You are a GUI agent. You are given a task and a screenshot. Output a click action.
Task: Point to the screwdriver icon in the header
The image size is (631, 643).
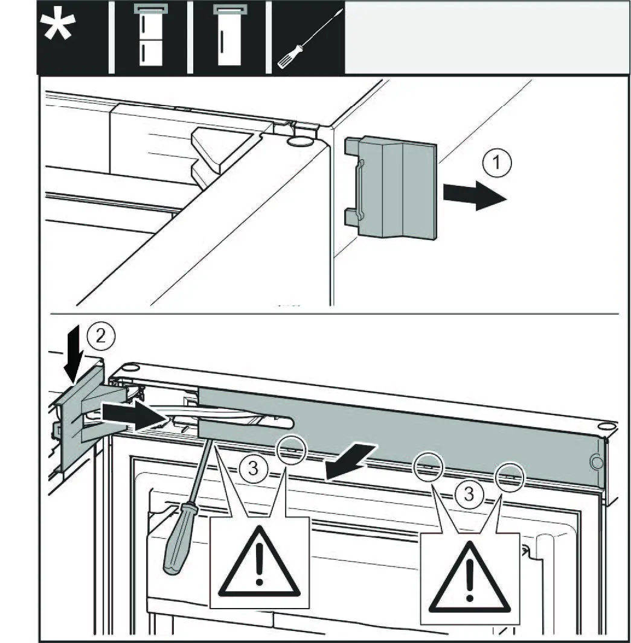pos(308,39)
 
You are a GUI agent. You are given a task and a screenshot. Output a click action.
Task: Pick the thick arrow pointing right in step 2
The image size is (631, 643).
pos(130,415)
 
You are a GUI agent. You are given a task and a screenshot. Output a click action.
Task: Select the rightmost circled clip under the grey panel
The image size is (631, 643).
pos(510,475)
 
